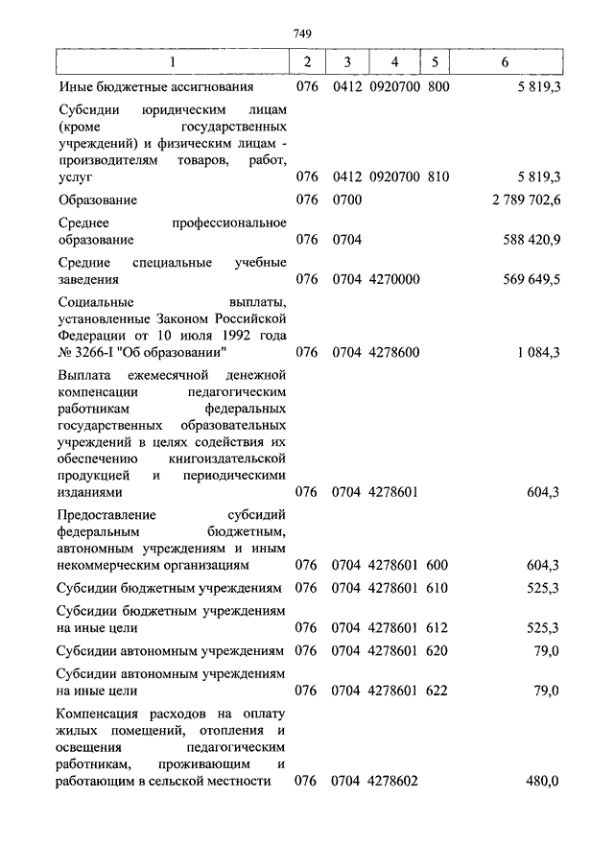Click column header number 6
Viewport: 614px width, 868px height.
coord(506,62)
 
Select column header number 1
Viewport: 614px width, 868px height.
coord(172,62)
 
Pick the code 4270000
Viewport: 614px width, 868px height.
coord(394,279)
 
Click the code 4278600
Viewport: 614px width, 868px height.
coord(394,352)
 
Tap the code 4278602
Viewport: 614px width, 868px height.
coord(394,782)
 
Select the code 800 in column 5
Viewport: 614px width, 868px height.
coord(437,86)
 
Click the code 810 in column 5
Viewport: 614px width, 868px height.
coord(437,176)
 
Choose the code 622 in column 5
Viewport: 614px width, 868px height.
coord(437,690)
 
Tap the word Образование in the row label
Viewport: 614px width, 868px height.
coord(97,199)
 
